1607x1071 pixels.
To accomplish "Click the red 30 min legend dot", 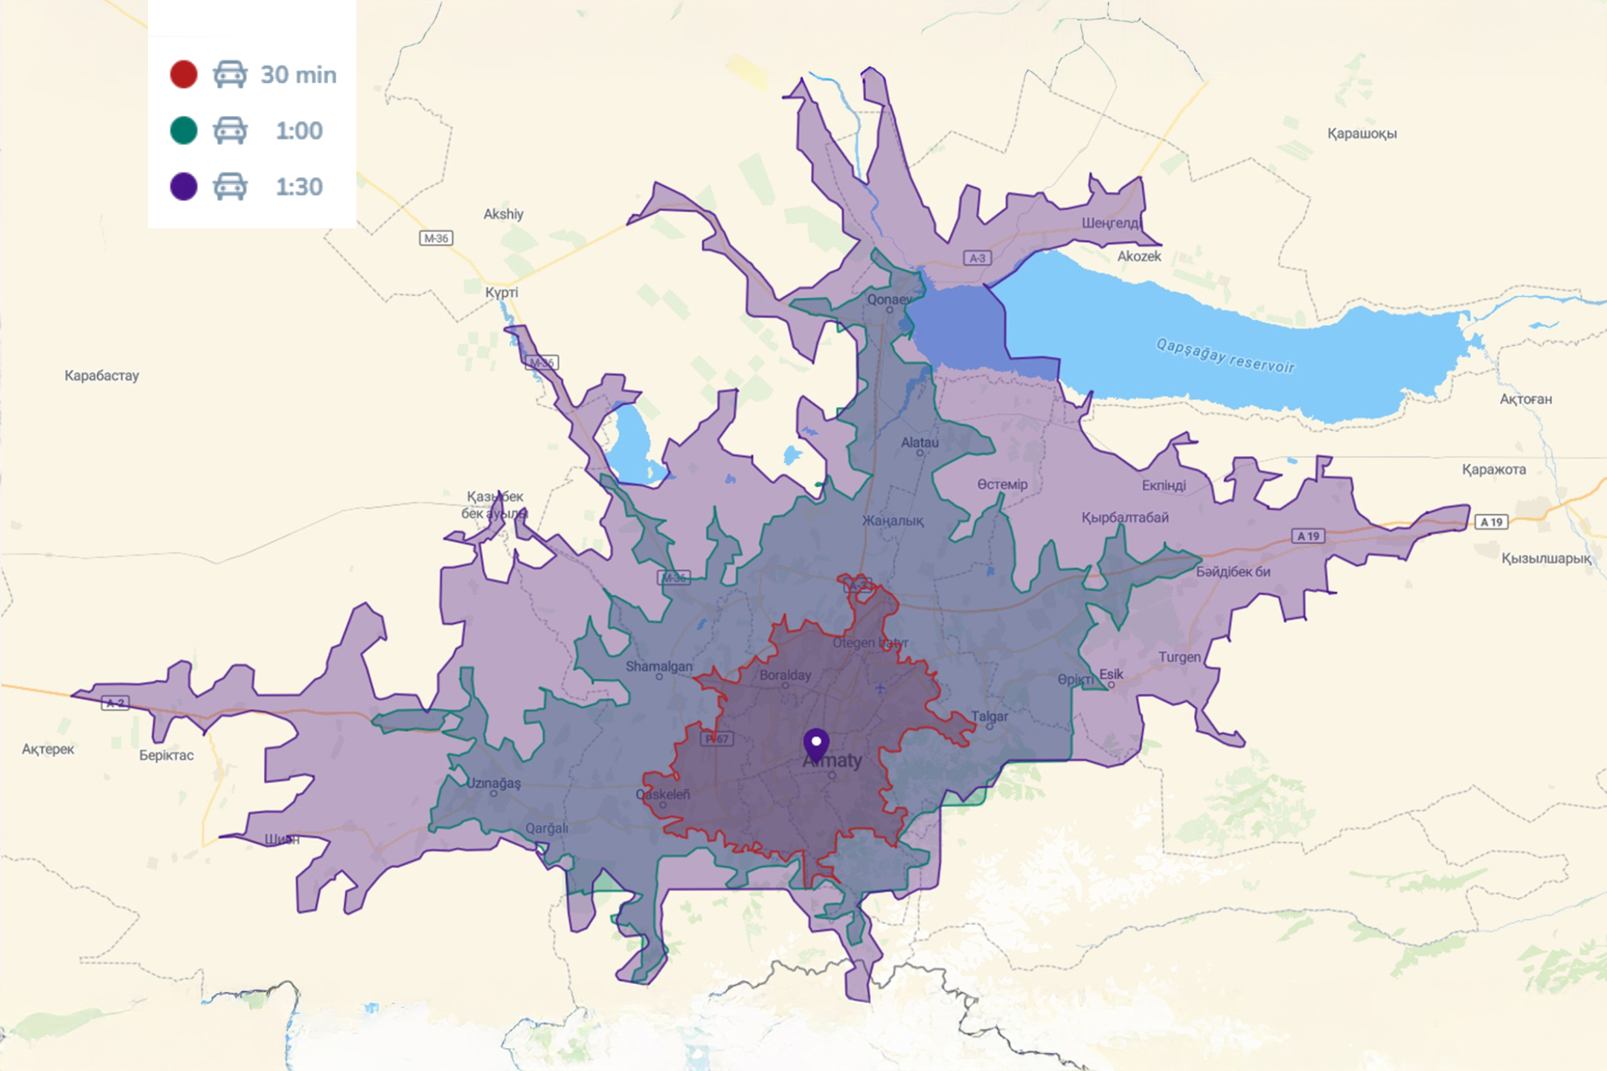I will pyautogui.click(x=184, y=74).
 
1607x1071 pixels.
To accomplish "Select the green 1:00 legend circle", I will pyautogui.click(x=184, y=130).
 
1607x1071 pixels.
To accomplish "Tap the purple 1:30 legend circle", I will pyautogui.click(x=184, y=186).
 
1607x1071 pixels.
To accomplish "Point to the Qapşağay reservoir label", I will pyautogui.click(x=1225, y=356).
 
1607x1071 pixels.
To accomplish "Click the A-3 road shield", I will pyautogui.click(x=978, y=258).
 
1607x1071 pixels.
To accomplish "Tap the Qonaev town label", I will pyautogui.click(x=889, y=299).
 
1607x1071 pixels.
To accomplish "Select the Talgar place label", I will pyautogui.click(x=989, y=716).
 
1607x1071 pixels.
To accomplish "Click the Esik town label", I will pyautogui.click(x=1112, y=674).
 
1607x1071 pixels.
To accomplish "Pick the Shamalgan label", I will pyautogui.click(x=658, y=666).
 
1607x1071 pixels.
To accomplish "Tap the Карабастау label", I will pyautogui.click(x=102, y=376).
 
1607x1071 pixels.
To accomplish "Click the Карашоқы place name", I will pyautogui.click(x=1361, y=134).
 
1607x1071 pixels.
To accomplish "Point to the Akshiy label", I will pyautogui.click(x=504, y=214).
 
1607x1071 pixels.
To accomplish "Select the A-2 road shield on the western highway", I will pyautogui.click(x=115, y=703).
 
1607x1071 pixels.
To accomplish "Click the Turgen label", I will pyautogui.click(x=1179, y=657).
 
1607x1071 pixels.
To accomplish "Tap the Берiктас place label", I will pyautogui.click(x=167, y=755).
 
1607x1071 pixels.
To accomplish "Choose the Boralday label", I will pyautogui.click(x=785, y=675).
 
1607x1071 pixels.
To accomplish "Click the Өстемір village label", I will pyautogui.click(x=1002, y=484).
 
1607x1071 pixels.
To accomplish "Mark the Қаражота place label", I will pyautogui.click(x=1493, y=469).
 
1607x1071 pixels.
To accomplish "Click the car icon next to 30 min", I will pyautogui.click(x=230, y=74).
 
